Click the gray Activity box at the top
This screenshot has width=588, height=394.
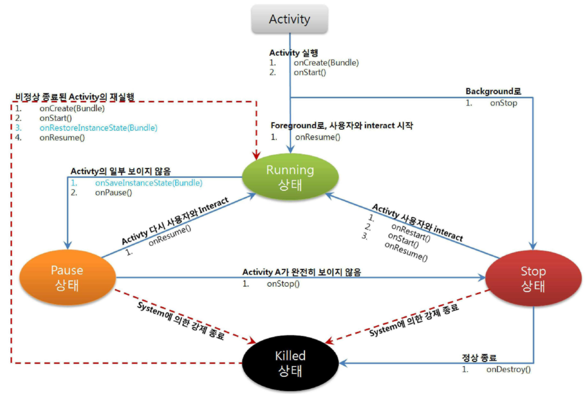click(289, 19)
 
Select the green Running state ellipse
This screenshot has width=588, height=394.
click(290, 178)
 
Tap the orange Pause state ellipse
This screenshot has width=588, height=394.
click(67, 278)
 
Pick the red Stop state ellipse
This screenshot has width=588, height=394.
click(533, 279)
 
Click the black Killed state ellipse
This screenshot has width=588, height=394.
click(290, 363)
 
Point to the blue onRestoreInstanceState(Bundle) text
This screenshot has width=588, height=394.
click(98, 127)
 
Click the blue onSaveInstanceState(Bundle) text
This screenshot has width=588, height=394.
click(148, 183)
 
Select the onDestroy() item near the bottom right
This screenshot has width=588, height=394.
click(508, 369)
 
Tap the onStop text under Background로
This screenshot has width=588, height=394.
click(503, 103)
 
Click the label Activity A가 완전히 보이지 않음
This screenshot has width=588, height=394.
click(301, 272)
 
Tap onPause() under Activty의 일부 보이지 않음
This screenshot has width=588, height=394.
click(113, 193)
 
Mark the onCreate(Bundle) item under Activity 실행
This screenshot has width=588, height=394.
click(326, 63)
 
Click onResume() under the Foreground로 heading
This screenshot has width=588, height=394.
click(318, 137)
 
